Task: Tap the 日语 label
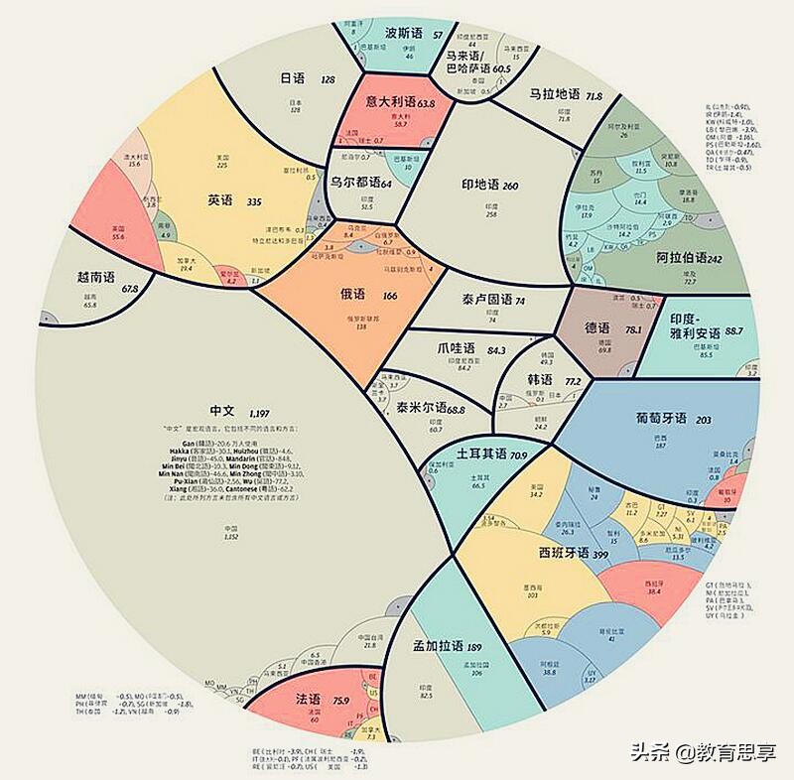point(293,78)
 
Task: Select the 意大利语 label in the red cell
point(390,101)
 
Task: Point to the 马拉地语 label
point(553,95)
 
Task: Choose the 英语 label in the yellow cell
point(220,200)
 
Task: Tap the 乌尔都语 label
point(354,183)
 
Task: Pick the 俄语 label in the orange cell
point(353,295)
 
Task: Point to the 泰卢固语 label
point(486,300)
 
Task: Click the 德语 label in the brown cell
point(597,328)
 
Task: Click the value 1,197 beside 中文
point(260,412)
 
